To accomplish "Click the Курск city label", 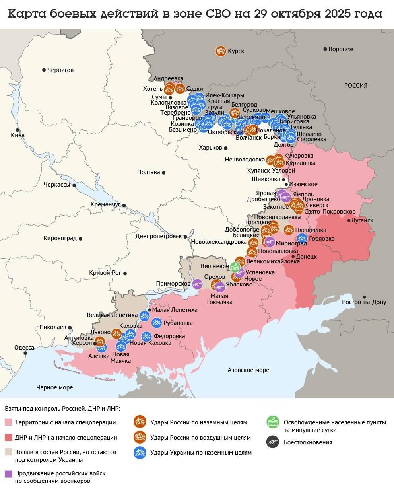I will coord(236,51).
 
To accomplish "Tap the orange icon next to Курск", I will coord(221,51).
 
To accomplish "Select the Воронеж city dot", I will coord(325,49).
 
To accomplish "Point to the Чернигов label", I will coord(60,70).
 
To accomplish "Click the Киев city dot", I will coord(17,130).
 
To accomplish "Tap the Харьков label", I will coord(210,148).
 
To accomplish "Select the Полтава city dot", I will coord(164,173).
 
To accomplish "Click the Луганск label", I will coord(363,220).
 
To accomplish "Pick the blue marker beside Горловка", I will coord(302,238).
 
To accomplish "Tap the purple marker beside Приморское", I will coord(197,284).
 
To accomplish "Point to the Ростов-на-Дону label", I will coord(364,302).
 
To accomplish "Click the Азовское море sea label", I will coord(248,370).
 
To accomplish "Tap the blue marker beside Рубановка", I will coord(157,323).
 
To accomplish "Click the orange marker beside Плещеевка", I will coord(288,230).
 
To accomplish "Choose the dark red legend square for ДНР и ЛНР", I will coord(8,438).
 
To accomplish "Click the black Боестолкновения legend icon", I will coord(273,442).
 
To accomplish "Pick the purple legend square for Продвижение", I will coord(8,473).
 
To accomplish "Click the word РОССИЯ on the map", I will coord(355,85).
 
